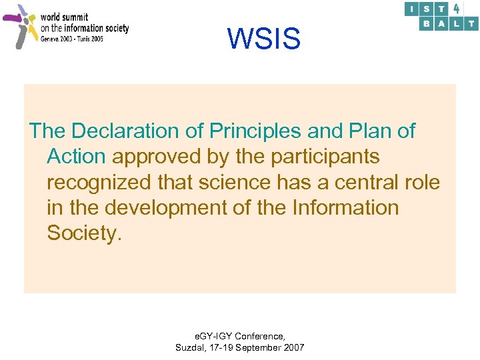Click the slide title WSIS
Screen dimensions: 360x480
[264, 39]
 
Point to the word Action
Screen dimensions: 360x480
[76, 157]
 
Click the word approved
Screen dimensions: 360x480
[157, 157]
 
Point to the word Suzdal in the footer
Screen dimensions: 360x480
[189, 347]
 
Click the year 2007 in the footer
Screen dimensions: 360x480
[293, 347]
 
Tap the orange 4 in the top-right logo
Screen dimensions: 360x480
[457, 9]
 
